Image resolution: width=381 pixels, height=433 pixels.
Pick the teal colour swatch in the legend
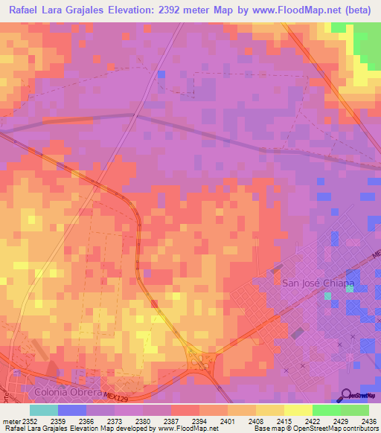coord(44,409)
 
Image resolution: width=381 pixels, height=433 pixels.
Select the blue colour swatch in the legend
coord(72,409)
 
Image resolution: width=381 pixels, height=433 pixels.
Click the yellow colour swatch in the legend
coord(298,409)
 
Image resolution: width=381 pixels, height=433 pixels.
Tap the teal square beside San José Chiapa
coord(327,296)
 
